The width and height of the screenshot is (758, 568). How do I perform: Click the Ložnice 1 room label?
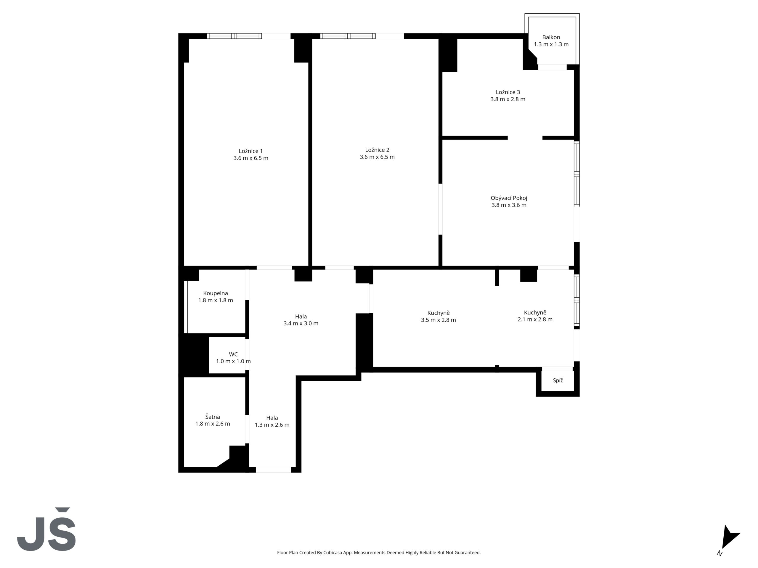tap(251, 151)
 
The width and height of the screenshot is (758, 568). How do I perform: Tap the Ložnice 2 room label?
tap(377, 150)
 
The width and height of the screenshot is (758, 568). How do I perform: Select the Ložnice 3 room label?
tap(508, 92)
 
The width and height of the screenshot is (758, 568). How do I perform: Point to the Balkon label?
tap(551, 37)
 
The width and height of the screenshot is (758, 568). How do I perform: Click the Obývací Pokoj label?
tap(509, 198)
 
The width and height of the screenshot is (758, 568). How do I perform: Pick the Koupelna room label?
tap(216, 293)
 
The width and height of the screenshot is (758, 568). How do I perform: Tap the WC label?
tap(233, 354)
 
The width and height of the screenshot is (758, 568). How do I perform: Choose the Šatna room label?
tap(213, 417)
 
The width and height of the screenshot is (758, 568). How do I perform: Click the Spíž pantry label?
tap(558, 380)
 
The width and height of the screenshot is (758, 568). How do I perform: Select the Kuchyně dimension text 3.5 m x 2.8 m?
tap(438, 320)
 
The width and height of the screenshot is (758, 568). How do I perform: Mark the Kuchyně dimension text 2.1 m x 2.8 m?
tap(535, 319)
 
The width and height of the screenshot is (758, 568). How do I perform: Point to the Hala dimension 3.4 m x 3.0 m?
tap(301, 324)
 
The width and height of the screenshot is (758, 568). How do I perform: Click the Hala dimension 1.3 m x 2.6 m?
tap(272, 425)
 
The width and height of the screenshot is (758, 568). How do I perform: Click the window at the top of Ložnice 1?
tap(235, 36)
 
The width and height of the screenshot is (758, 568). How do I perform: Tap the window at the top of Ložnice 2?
tap(348, 36)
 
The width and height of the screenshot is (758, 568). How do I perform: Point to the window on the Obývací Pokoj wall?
tap(577, 174)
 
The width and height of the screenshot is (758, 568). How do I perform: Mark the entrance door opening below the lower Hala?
tap(274, 470)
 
